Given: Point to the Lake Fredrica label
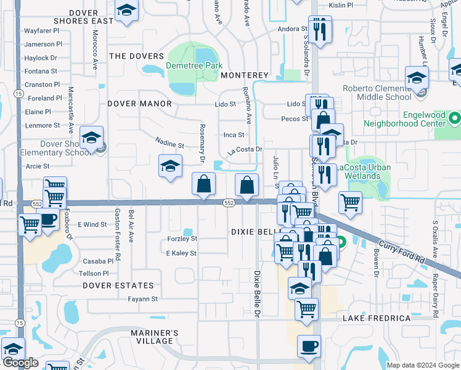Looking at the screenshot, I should click(x=377, y=318).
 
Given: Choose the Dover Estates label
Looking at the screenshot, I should click(x=118, y=286).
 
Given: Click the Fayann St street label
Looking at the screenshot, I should click(x=143, y=299).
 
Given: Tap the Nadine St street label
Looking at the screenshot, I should click(x=169, y=145).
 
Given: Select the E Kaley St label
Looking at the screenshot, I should click(x=181, y=253).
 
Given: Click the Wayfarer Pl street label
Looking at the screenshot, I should click(x=42, y=30).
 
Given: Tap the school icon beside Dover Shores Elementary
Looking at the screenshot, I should click(x=91, y=138).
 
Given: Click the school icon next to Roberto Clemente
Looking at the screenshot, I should click(x=417, y=79).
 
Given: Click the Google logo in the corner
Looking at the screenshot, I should click(x=20, y=363).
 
